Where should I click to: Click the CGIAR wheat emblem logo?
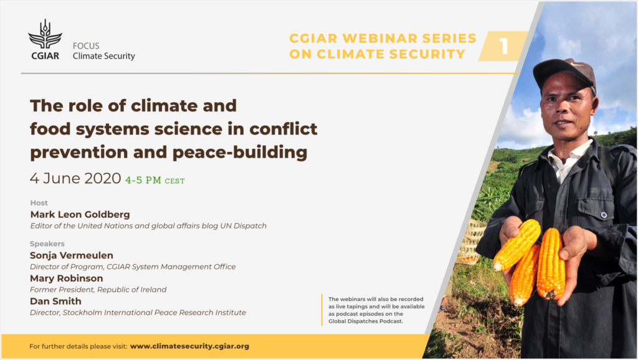45,34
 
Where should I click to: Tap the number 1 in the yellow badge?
504,46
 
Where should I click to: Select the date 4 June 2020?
75,178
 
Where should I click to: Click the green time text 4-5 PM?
143,180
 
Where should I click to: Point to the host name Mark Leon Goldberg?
80,214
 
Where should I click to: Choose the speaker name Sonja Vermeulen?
72,255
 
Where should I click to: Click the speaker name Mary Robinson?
67,278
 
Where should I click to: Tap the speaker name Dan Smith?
55,301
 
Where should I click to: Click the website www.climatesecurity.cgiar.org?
189,346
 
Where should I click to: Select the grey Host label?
39,202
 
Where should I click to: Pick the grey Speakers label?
47,244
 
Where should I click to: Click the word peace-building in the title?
240,153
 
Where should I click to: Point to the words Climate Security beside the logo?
104,56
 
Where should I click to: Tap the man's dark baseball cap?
564,72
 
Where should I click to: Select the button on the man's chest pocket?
604,215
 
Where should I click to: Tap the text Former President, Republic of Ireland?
98,290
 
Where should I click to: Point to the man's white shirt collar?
568,158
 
